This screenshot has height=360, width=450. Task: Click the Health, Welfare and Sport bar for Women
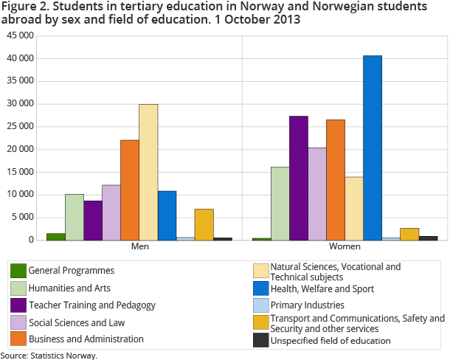click(x=373, y=148)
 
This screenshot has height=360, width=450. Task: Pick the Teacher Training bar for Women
click(x=299, y=178)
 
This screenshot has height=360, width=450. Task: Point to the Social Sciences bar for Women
click(x=317, y=193)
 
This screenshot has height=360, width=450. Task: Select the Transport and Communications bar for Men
click(x=204, y=224)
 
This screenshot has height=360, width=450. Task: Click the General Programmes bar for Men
click(x=56, y=236)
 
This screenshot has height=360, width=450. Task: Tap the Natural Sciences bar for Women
click(x=354, y=208)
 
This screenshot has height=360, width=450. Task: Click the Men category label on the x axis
click(x=139, y=246)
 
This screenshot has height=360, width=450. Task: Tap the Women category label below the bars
click(x=345, y=246)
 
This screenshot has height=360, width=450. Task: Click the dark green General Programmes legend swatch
click(x=18, y=271)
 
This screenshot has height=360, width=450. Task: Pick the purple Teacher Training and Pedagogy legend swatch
click(x=18, y=305)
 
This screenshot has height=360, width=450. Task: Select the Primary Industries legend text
click(x=307, y=305)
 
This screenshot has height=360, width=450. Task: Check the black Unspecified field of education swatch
click(x=260, y=340)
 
